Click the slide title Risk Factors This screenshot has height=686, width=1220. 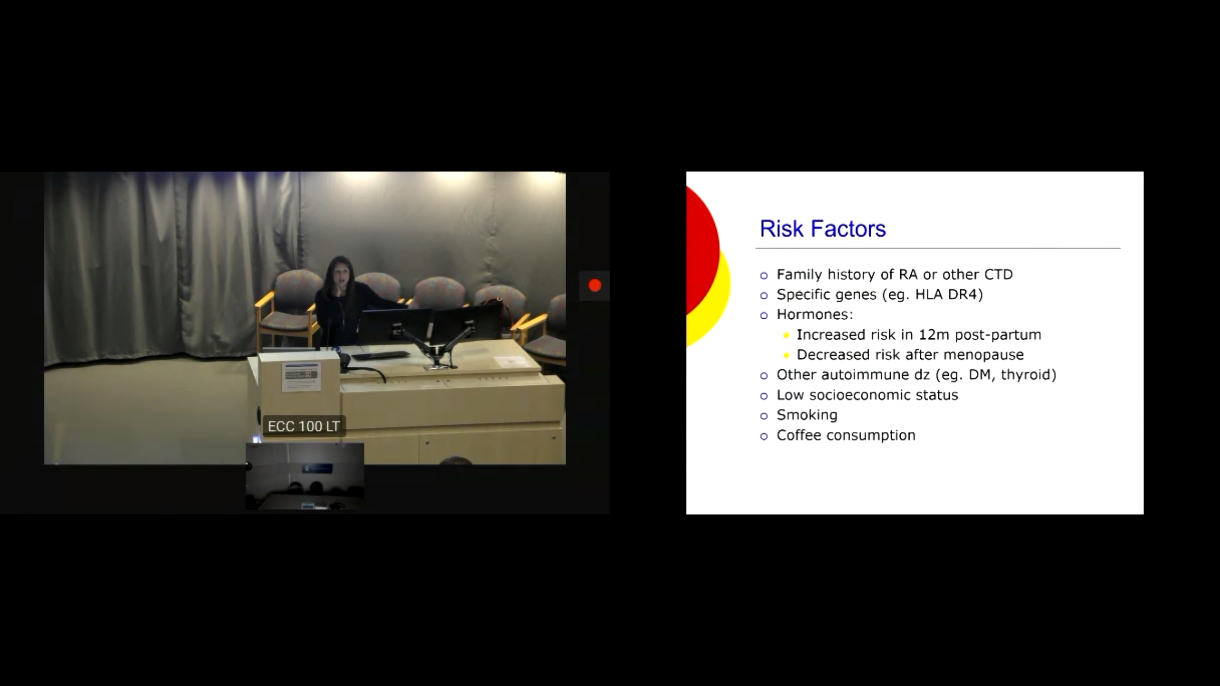click(823, 229)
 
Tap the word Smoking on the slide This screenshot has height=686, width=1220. click(807, 415)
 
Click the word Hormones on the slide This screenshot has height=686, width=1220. click(813, 314)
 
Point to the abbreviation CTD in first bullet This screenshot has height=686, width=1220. click(998, 274)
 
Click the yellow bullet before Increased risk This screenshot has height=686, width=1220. click(786, 336)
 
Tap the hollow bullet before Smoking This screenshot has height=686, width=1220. click(764, 416)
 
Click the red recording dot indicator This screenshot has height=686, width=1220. click(595, 285)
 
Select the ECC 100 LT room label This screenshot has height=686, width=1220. click(304, 426)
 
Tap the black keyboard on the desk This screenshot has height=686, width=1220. click(380, 355)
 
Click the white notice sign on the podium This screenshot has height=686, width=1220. click(301, 377)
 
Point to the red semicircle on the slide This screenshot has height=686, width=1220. click(702, 250)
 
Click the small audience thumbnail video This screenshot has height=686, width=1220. click(305, 476)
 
